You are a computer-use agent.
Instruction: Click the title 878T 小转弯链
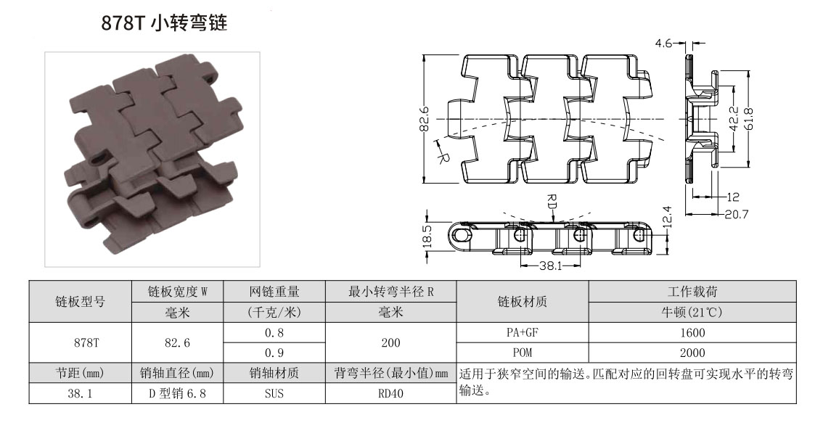pyautogui.click(x=165, y=24)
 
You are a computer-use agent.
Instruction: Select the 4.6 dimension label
pyautogui.click(x=664, y=44)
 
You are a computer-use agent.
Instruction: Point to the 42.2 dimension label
pyautogui.click(x=733, y=118)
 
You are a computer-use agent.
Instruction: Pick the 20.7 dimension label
pyautogui.click(x=736, y=213)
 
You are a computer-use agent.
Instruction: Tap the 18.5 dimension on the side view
pyautogui.click(x=427, y=237)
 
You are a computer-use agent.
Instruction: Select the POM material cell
pyautogui.click(x=522, y=353)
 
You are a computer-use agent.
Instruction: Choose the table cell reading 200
pyautogui.click(x=390, y=342)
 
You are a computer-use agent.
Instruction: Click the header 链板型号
pyautogui.click(x=80, y=302)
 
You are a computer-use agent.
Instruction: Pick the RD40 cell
pyautogui.click(x=390, y=394)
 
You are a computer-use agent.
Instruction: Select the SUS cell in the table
pyautogui.click(x=274, y=394)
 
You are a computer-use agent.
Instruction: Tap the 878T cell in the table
pyautogui.click(x=80, y=342)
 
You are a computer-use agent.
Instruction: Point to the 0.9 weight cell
pyautogui.click(x=274, y=353)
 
